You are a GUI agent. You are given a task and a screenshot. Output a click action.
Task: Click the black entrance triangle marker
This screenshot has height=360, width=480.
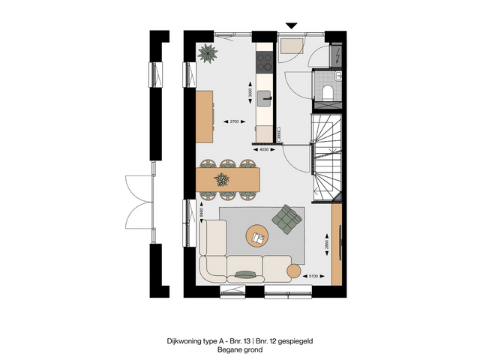(292, 26)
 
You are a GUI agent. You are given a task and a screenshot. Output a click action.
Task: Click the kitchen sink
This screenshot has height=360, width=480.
(265, 96)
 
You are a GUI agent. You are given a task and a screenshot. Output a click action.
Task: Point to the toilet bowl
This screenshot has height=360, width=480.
(327, 92)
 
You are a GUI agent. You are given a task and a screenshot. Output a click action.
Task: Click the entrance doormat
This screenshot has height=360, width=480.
(291, 46)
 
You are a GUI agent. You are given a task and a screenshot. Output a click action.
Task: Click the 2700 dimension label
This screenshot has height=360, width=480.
(232, 121)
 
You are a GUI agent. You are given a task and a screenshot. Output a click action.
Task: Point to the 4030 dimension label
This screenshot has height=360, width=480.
(263, 149)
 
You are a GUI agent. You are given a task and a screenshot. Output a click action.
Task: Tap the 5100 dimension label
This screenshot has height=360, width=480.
(315, 277)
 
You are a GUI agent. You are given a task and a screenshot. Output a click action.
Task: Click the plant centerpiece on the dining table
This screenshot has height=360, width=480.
(222, 179)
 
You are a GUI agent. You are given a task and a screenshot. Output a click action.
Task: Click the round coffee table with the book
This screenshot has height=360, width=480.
(259, 237)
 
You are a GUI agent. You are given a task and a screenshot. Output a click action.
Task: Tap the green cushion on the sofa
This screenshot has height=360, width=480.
(245, 272)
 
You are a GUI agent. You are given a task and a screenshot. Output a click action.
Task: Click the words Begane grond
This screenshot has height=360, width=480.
(240, 349)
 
